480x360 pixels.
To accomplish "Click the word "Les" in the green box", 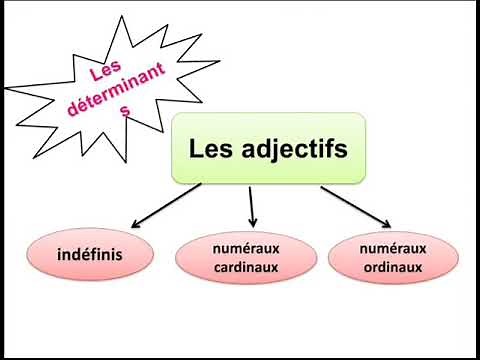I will tap(209, 149).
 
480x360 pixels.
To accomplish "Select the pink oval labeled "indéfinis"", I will tap(90, 255).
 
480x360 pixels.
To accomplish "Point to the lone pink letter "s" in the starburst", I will tap(124, 112).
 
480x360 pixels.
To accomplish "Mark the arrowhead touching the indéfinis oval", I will tap(134, 225).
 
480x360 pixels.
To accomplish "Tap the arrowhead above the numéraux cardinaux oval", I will tap(254, 221).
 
